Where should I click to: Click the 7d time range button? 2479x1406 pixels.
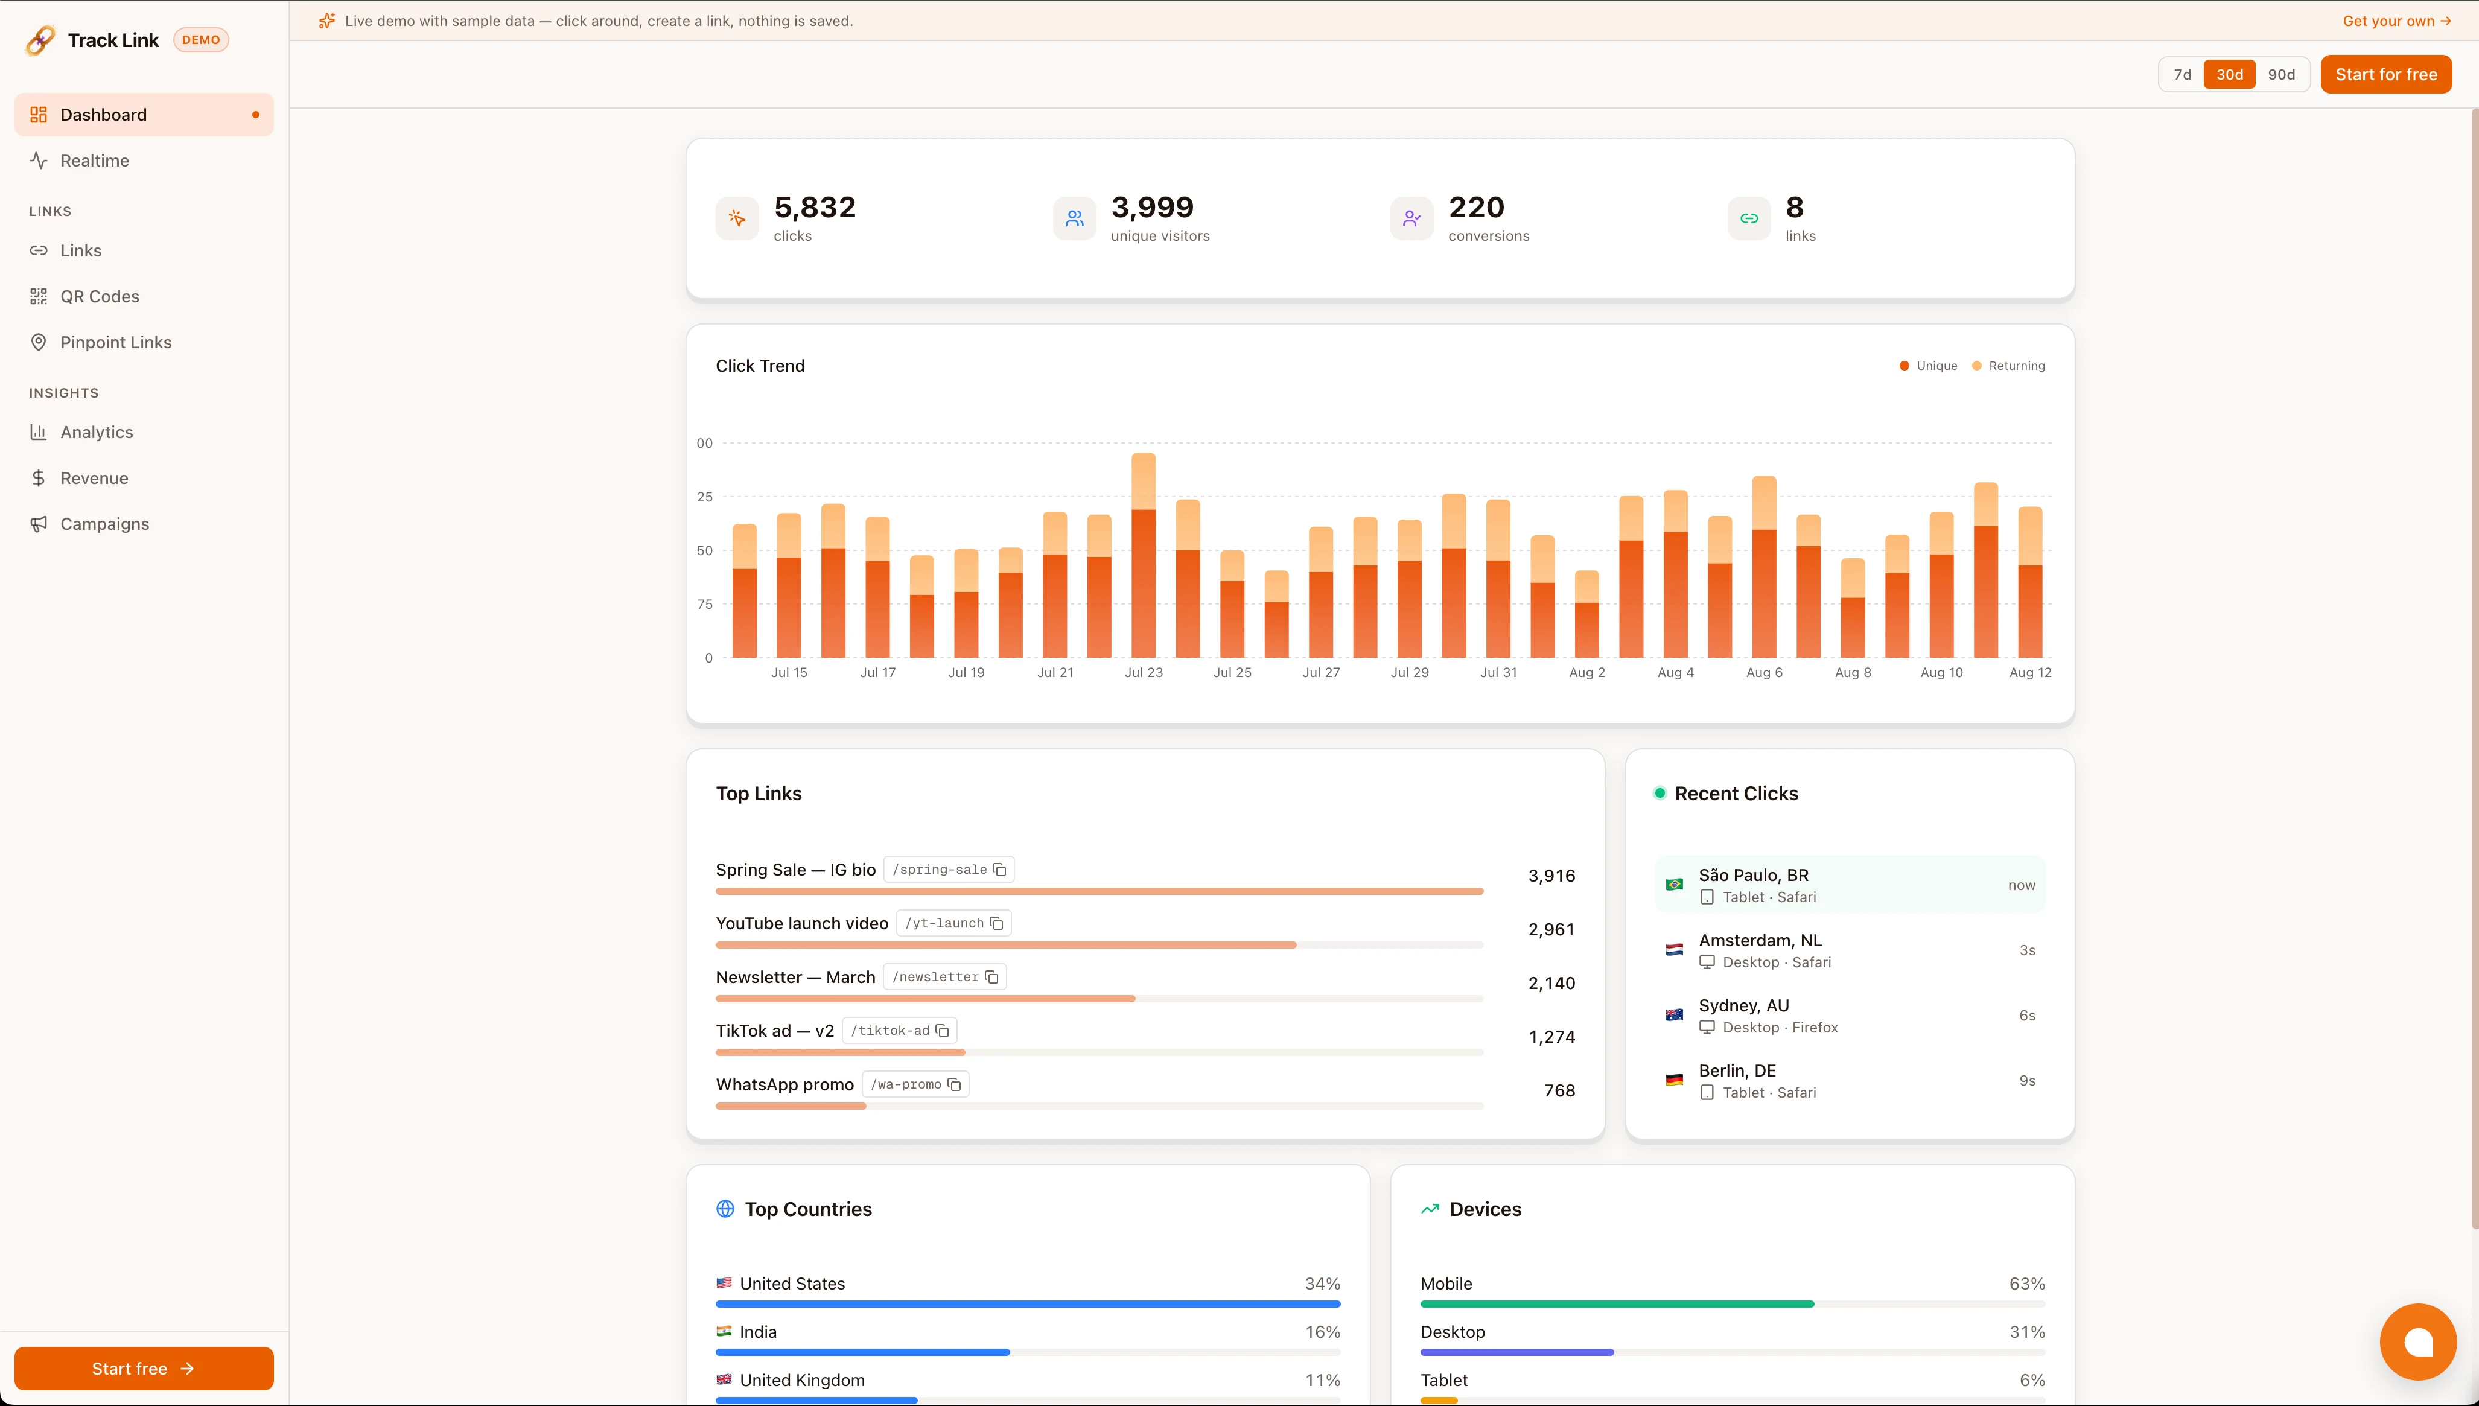(2181, 74)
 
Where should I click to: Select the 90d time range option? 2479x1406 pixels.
(2281, 74)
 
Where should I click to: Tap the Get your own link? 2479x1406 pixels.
(2396, 21)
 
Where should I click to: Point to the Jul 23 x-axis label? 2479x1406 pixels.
(1144, 672)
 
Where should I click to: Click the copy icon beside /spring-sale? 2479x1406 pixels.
(999, 870)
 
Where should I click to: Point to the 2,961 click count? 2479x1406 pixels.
(1551, 929)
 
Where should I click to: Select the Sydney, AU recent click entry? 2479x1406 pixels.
(1850, 1015)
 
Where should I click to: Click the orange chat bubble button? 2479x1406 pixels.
(2418, 1341)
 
